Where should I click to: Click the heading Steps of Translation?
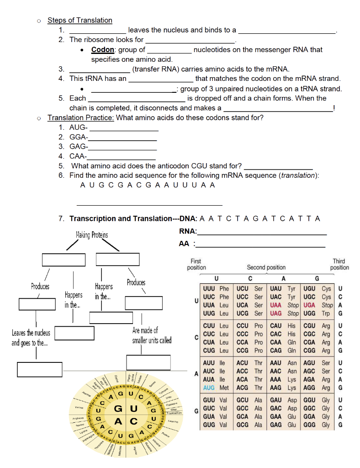point(79,20)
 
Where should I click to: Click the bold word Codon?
point(102,49)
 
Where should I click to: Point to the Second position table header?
point(266,267)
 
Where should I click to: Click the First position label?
point(197,264)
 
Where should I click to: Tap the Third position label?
point(339,264)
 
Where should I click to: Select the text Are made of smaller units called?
point(152,335)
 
